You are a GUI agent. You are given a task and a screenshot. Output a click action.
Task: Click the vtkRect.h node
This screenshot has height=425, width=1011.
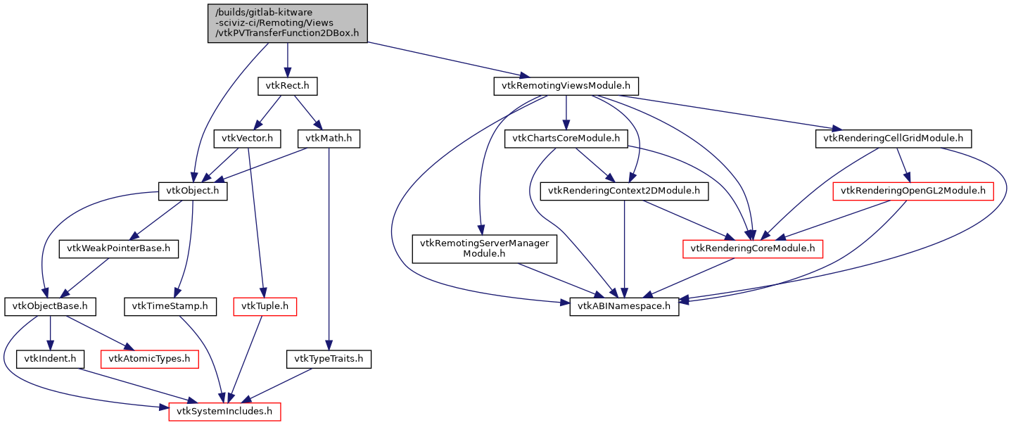point(287,87)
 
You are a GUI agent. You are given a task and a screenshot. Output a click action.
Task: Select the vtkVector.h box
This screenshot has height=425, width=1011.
point(247,139)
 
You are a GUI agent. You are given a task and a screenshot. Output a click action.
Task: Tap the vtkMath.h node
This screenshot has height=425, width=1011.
point(329,139)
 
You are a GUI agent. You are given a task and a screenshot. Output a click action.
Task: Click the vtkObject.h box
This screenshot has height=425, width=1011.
point(192,191)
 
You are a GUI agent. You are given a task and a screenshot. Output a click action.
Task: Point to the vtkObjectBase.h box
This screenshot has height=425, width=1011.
point(50,306)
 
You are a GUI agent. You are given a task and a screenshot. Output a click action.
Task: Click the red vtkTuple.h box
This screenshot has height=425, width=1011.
point(265,306)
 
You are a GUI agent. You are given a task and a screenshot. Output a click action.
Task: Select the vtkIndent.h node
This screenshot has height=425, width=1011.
point(50,359)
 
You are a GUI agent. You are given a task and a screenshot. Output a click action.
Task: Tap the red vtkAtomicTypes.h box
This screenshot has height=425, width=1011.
point(149,359)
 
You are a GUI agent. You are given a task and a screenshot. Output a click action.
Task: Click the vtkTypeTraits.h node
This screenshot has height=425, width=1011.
point(329,359)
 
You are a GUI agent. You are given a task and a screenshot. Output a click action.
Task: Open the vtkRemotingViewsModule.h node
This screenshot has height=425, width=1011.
point(566,87)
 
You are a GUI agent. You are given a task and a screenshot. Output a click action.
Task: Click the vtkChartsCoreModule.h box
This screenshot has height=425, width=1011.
point(566,139)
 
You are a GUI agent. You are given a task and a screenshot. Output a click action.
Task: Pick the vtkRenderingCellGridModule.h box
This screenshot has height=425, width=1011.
point(894,139)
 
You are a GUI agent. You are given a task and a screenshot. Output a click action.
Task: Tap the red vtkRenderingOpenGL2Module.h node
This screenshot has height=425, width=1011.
point(913,191)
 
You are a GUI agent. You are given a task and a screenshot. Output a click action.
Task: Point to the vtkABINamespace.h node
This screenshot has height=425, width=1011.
point(624,306)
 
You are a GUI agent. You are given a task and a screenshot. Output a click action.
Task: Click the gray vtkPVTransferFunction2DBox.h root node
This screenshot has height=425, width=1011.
point(288,23)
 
